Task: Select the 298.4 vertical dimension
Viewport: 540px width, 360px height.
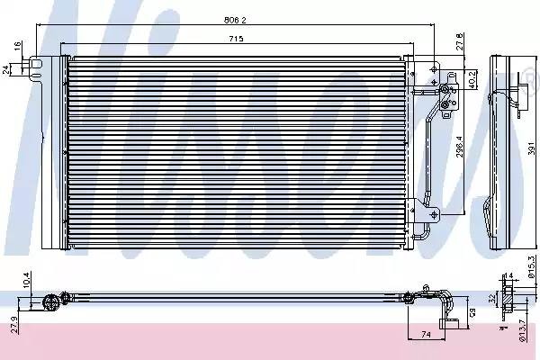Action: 459,143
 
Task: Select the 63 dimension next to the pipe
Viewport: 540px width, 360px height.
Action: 472,311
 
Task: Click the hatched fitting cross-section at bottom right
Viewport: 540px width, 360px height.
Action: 508,299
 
